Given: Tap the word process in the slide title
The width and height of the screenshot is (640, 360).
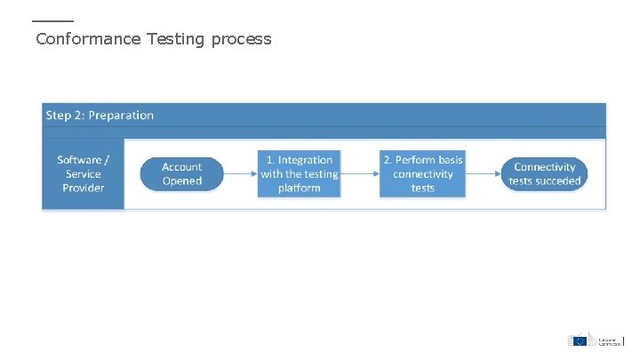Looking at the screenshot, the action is (x=241, y=40).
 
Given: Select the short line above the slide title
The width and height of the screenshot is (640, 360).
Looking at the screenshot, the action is (x=52, y=21).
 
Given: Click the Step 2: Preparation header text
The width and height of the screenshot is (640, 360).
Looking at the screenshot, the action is (x=100, y=115).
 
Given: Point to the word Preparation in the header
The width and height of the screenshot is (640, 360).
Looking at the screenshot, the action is (x=121, y=115).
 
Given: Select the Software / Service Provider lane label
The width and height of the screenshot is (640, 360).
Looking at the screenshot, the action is (x=84, y=173).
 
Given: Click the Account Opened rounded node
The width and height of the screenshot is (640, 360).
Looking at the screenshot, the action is (x=181, y=173).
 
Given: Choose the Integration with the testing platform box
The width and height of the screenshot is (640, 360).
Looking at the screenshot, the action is (x=300, y=173).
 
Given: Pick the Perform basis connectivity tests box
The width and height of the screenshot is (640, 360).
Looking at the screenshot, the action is (x=423, y=173).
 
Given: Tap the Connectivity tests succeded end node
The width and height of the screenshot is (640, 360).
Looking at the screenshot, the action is (x=545, y=173).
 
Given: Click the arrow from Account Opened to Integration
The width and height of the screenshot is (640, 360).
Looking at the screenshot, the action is (x=239, y=173).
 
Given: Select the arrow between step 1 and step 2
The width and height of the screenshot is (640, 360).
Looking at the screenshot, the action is (x=361, y=173).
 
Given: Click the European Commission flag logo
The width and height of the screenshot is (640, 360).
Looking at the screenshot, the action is (x=579, y=340).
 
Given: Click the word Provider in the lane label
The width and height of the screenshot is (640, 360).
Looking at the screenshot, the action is (x=84, y=188).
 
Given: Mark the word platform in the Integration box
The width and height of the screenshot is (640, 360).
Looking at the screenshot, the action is (x=300, y=188).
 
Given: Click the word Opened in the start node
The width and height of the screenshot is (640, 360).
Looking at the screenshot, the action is (x=181, y=180).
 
